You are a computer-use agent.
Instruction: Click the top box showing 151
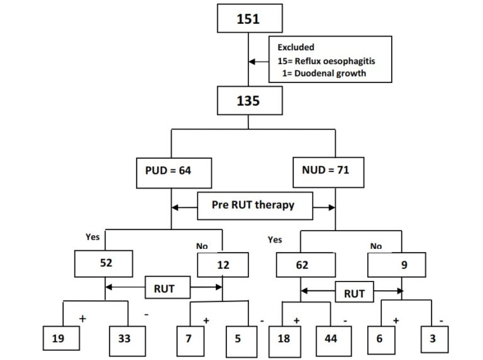(x=248, y=19)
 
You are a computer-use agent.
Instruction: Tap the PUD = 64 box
(x=172, y=170)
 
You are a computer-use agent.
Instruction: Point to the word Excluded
(x=296, y=47)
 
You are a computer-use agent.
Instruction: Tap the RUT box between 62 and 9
(x=355, y=292)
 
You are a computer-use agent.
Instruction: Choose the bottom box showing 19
(x=62, y=338)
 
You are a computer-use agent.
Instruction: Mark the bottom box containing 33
(x=124, y=338)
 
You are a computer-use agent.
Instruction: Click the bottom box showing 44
(x=330, y=338)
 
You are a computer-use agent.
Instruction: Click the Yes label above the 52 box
(x=92, y=237)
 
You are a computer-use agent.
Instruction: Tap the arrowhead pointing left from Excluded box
(x=252, y=62)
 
